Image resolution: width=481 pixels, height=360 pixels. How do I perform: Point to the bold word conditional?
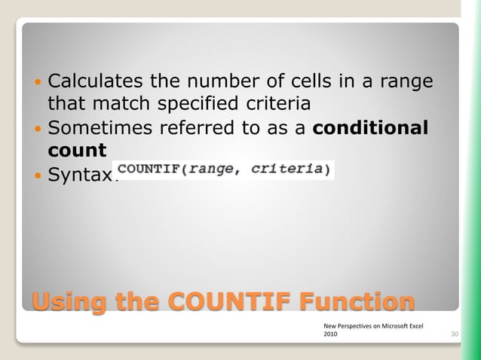click(x=370, y=128)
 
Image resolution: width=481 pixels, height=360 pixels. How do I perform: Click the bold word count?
click(x=77, y=151)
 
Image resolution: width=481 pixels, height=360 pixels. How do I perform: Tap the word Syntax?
click(x=79, y=175)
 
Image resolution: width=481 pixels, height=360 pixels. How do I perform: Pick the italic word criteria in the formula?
click(x=287, y=169)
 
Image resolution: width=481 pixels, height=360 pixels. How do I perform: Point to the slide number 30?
click(x=455, y=334)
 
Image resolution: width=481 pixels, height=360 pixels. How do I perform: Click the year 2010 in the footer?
click(x=330, y=335)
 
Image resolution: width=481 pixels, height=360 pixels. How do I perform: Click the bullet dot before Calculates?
click(x=38, y=81)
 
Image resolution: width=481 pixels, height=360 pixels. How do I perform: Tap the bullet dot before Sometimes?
click(x=38, y=129)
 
